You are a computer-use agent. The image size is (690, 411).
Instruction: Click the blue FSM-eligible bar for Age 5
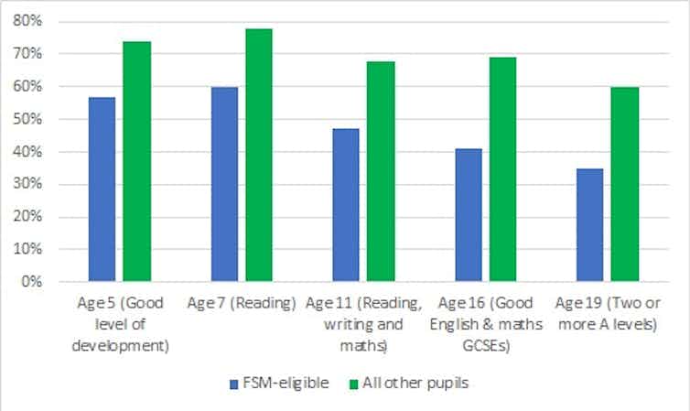coord(102,189)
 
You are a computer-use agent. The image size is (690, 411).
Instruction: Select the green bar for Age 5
coord(137,161)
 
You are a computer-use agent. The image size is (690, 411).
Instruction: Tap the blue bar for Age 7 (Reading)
coord(224,184)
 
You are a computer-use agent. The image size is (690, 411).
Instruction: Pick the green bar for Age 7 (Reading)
coord(259,155)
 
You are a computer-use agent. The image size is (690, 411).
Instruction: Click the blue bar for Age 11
coord(346,205)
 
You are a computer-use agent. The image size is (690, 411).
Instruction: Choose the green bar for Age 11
coord(381,171)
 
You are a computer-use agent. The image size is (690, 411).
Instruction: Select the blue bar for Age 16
coord(469,215)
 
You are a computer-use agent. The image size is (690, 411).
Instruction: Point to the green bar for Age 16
coord(503,169)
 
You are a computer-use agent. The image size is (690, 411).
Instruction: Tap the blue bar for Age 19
coord(590,225)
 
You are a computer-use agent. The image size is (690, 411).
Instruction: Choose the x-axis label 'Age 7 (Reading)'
coord(242,301)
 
